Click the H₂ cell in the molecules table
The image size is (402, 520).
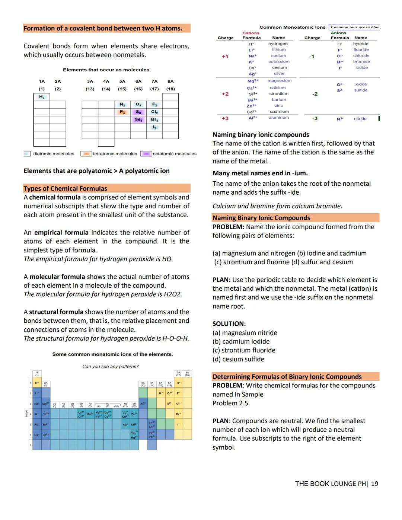[x=42, y=97]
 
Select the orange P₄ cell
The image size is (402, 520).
[x=122, y=112]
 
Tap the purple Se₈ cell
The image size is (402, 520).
[x=138, y=119]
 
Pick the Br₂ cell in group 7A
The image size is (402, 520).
[x=154, y=119]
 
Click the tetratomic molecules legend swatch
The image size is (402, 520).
[x=86, y=154]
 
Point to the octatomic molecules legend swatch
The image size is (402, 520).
[x=146, y=154]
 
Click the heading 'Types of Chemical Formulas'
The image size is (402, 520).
[x=66, y=188]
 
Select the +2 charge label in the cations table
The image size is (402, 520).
[x=225, y=94]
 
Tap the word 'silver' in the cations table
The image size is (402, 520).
[x=279, y=73]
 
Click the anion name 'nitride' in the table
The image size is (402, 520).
[x=360, y=119]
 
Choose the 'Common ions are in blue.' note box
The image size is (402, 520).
[x=355, y=27]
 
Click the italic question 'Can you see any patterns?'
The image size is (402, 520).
[x=110, y=367]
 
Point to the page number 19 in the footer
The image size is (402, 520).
[x=374, y=484]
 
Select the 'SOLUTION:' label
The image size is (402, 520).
[x=229, y=323]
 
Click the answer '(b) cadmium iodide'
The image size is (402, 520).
[x=241, y=341]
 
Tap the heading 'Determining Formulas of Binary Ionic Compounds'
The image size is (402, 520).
[x=287, y=376]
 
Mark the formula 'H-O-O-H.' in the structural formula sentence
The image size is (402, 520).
[x=176, y=338]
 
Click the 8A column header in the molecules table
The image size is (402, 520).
[x=170, y=81]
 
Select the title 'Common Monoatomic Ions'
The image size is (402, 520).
[x=292, y=27]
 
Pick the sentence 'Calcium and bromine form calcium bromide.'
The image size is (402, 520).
[x=277, y=206]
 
